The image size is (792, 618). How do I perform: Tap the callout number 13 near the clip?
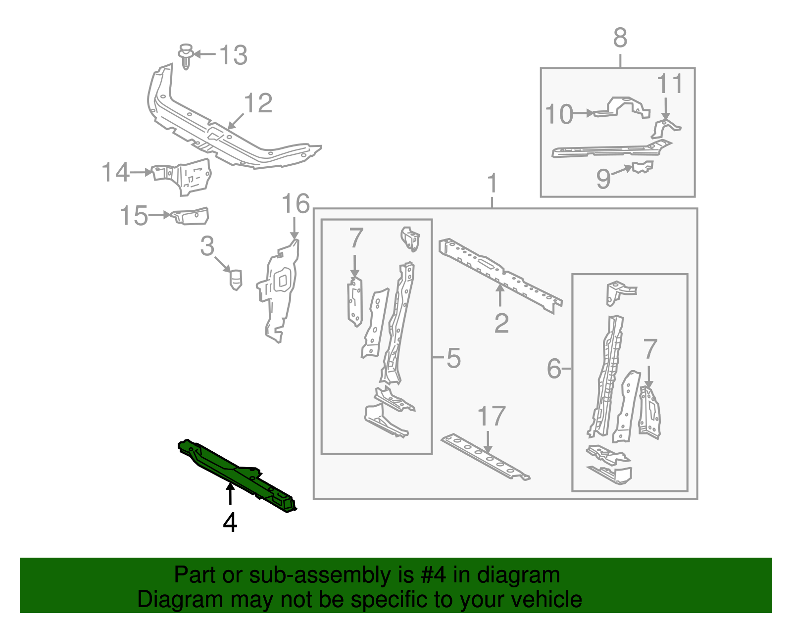[233, 55]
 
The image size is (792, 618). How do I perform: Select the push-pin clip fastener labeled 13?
[186, 55]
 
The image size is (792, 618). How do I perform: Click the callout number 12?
[258, 103]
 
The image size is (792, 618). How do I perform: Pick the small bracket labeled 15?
[190, 216]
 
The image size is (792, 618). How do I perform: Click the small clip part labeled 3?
[236, 279]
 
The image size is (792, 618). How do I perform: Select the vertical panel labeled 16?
[278, 292]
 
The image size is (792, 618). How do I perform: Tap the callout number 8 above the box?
[620, 38]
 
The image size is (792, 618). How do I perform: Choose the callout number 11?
[670, 84]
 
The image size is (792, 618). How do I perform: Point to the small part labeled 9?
[643, 167]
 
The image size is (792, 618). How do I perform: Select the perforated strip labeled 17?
[485, 457]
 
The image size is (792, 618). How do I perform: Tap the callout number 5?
[453, 358]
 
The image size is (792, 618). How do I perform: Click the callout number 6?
[554, 369]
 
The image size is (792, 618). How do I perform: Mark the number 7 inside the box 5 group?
[356, 238]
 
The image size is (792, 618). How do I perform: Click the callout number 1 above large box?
[492, 184]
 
